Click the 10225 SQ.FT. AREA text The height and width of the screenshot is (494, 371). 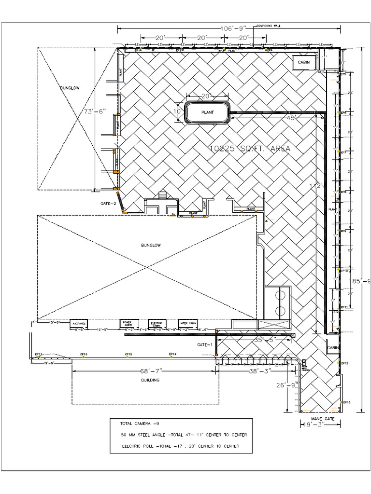250,149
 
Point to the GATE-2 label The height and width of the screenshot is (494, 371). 109,204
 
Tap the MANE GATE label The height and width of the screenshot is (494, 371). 322,419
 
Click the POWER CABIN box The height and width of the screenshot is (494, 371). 128,324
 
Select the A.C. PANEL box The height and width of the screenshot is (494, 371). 79,323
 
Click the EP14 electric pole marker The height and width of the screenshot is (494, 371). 172,355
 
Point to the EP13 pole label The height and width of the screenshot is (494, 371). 346,402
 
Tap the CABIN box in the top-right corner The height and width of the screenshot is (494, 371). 304,62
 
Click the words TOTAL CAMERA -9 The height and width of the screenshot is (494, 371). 140,424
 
